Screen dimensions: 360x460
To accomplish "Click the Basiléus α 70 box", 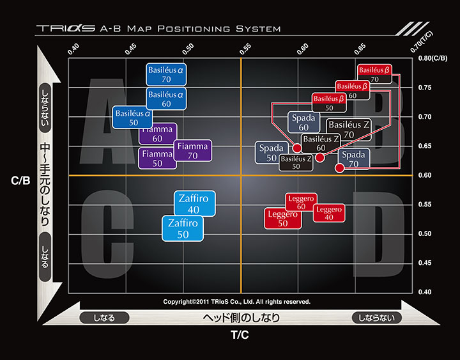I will (x=166, y=74).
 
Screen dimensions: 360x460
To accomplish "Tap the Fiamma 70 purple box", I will (x=193, y=151).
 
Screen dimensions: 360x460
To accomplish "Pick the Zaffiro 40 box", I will (x=194, y=203).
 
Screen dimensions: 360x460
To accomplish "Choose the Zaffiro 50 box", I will (x=183, y=228).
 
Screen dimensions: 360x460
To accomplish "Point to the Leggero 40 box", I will (x=329, y=213).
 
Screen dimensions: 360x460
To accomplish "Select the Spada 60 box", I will (x=304, y=122).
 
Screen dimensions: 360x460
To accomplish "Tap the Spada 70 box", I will (x=354, y=159).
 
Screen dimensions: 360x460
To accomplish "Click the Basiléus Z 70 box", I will (x=349, y=130).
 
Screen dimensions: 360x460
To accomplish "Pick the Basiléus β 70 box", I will (x=374, y=74).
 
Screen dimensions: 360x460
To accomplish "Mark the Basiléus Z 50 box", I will (x=296, y=162).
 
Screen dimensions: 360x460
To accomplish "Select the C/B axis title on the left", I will (x=20, y=181).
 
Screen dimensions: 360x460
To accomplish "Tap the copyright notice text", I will (x=237, y=301).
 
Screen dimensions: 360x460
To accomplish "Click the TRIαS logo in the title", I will (x=66, y=29).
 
